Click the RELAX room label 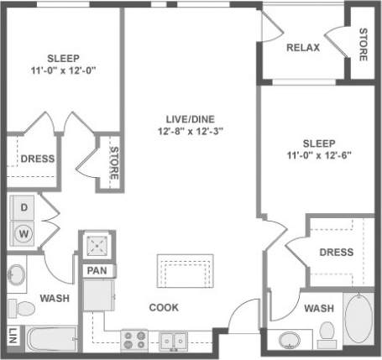(x=303, y=48)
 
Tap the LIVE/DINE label (x=188, y=117)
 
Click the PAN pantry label (x=94, y=270)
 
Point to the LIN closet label (x=11, y=337)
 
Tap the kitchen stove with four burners (x=134, y=340)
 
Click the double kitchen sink (x=175, y=340)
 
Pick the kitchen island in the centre (x=183, y=273)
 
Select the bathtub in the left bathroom (x=50, y=340)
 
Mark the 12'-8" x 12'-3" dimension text (x=189, y=131)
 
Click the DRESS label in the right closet (x=337, y=252)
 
